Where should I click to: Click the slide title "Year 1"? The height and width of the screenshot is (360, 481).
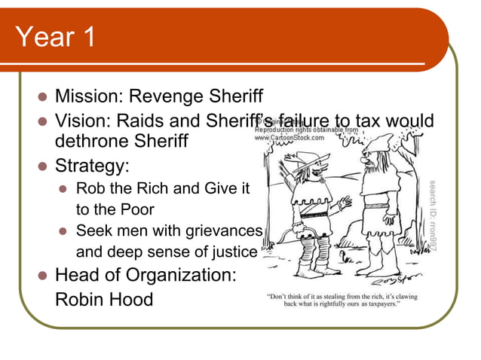55,37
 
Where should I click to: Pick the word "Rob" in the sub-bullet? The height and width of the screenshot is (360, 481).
90,188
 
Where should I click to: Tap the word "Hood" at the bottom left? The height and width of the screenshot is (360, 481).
133,299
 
